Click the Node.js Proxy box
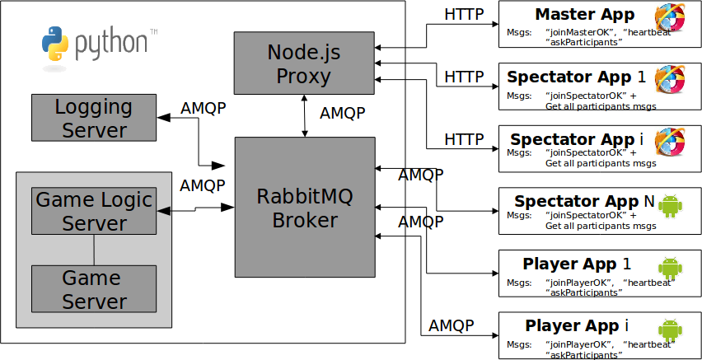pos(304,63)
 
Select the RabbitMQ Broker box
pos(304,207)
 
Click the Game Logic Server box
pos(94,211)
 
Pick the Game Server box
pos(94,288)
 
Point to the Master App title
pos(585,15)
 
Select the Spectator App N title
pos(578,201)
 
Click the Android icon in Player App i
pos(672,330)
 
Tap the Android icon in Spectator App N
pos(672,205)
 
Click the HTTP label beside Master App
pos(464,14)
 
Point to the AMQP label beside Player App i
pos(452,325)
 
